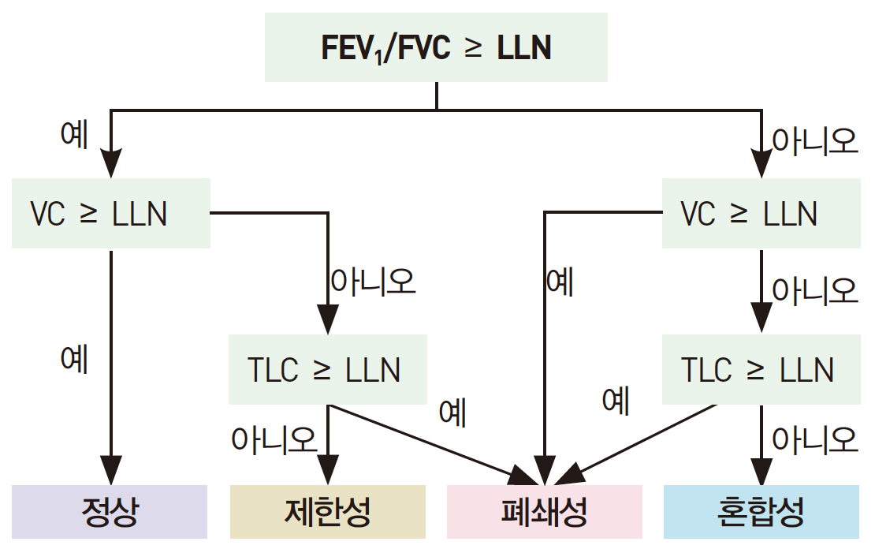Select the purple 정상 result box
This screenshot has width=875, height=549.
(110, 512)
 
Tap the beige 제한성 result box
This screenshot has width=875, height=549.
(327, 512)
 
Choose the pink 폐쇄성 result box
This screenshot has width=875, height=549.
(544, 512)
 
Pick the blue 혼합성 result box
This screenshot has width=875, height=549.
(761, 512)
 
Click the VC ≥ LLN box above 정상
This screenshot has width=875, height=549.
(110, 214)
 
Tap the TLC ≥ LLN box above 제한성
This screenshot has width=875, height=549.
(327, 369)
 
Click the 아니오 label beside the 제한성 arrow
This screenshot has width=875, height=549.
(274, 439)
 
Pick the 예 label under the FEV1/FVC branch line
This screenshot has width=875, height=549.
(74, 135)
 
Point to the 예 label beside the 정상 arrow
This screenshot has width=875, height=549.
(74, 359)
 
